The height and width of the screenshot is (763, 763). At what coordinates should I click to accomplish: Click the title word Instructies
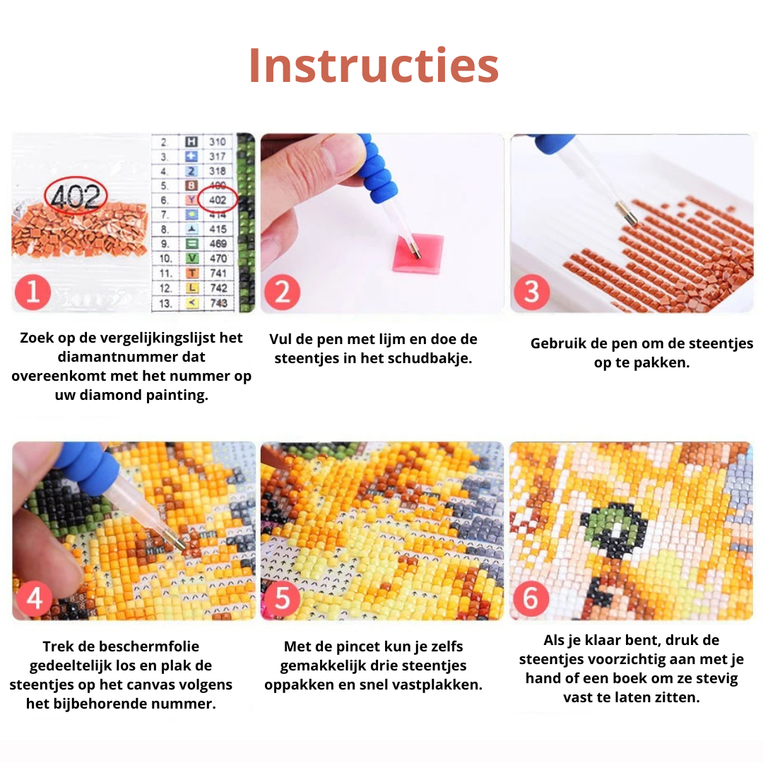(x=374, y=66)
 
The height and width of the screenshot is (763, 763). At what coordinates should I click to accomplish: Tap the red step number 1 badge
(x=32, y=292)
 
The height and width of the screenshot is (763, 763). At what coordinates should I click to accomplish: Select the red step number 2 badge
(x=282, y=292)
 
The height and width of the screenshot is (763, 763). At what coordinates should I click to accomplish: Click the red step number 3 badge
(x=531, y=292)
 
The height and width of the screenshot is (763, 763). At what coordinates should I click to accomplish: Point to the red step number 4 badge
(x=34, y=598)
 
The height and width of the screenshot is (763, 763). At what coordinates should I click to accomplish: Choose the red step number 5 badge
(x=282, y=598)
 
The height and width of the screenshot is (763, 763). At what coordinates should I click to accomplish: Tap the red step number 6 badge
(x=531, y=598)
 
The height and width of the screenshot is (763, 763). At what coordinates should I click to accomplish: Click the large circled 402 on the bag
(x=76, y=196)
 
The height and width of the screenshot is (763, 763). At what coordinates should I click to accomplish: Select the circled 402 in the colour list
(x=218, y=199)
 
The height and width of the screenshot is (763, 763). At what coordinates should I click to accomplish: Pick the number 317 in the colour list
(x=218, y=156)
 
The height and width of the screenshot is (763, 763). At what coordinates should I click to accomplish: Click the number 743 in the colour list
(x=218, y=302)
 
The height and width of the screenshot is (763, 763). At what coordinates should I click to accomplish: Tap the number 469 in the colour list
(x=218, y=243)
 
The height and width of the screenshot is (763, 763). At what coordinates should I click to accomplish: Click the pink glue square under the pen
(x=418, y=253)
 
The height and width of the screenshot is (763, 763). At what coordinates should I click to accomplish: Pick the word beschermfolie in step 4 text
(x=149, y=646)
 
